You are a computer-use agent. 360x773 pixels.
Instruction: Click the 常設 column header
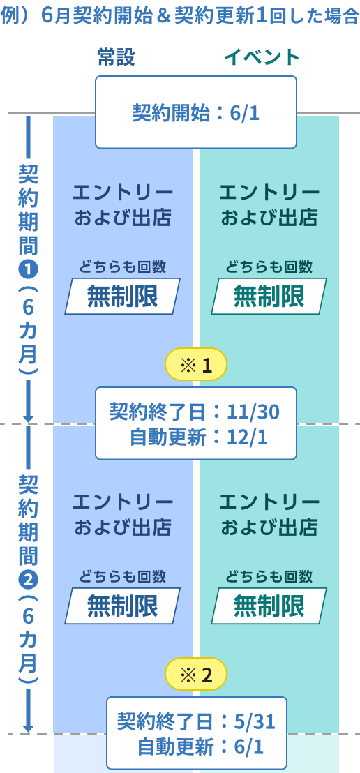(117, 58)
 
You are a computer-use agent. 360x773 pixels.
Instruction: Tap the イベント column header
(262, 58)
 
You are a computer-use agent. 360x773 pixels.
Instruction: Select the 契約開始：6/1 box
(196, 112)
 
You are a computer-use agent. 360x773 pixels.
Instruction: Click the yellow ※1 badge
(196, 366)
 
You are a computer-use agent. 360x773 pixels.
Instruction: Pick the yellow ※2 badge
(196, 675)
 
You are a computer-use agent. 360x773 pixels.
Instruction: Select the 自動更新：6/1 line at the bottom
(200, 747)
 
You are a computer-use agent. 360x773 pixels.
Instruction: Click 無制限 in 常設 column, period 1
(122, 296)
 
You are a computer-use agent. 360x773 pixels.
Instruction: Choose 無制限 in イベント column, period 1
(269, 296)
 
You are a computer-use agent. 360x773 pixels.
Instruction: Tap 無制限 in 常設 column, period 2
(122, 606)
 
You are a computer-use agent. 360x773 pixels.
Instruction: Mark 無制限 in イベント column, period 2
(269, 606)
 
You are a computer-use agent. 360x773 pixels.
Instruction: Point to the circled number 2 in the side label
(28, 578)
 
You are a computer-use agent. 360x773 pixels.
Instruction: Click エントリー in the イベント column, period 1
(269, 193)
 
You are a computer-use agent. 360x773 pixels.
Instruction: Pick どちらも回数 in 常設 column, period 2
(122, 576)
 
